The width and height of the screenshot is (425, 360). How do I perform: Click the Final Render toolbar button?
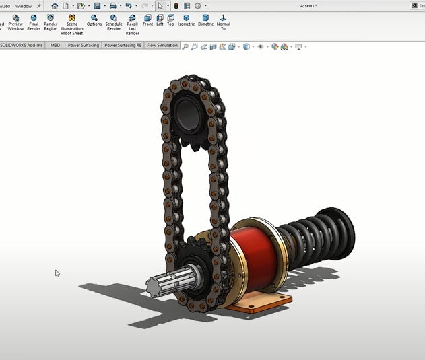[x=34, y=23]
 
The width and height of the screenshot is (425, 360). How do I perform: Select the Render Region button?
[x=51, y=23]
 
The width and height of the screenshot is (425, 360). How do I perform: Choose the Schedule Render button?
[x=114, y=23]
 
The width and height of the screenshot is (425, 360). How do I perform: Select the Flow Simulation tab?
[x=162, y=46]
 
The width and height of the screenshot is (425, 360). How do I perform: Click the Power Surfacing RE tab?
[x=123, y=46]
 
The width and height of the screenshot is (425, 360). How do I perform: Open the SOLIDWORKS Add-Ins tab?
[x=21, y=46]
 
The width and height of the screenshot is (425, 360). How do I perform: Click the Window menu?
[x=23, y=5]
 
